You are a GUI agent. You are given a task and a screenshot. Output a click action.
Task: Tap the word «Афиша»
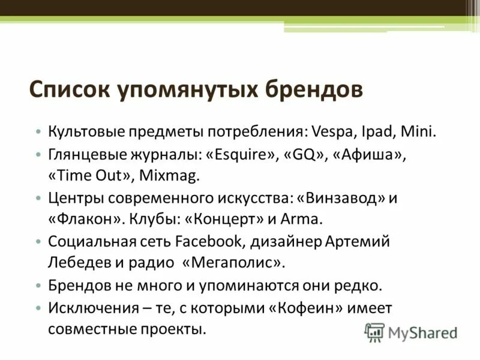[368, 154]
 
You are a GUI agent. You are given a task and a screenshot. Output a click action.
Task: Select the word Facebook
[204, 241]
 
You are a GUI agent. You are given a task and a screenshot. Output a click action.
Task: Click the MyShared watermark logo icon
[375, 332]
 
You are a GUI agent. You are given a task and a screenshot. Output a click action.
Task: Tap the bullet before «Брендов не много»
[38, 286]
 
